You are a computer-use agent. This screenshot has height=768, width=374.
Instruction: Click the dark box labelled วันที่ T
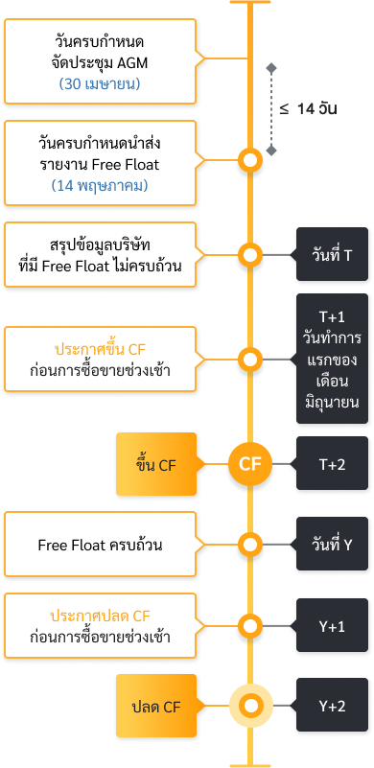coord(333,255)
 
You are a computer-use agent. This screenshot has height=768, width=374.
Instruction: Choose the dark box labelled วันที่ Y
coord(333,545)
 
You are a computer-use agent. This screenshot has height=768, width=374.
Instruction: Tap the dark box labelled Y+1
coord(333,626)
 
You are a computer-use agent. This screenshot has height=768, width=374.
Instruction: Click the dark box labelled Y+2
coord(333,706)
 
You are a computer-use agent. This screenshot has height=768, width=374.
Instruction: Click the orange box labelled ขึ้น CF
coord(155,465)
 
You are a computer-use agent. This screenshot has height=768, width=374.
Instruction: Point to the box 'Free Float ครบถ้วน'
coord(100,545)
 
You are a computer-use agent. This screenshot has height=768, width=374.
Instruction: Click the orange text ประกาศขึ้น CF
coord(100,350)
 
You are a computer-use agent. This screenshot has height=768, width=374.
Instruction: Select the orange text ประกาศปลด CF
coord(100,615)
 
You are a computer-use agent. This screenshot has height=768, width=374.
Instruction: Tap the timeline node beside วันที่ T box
coord(250,256)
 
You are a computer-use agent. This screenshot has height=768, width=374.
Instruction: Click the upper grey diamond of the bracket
coord(271,68)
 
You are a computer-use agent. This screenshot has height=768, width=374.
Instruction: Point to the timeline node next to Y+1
coord(250,626)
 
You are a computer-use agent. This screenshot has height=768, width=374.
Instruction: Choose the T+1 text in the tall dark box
coord(333,315)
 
